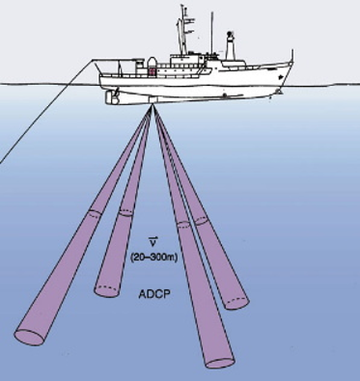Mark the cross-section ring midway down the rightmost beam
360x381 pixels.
coord(200,219)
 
